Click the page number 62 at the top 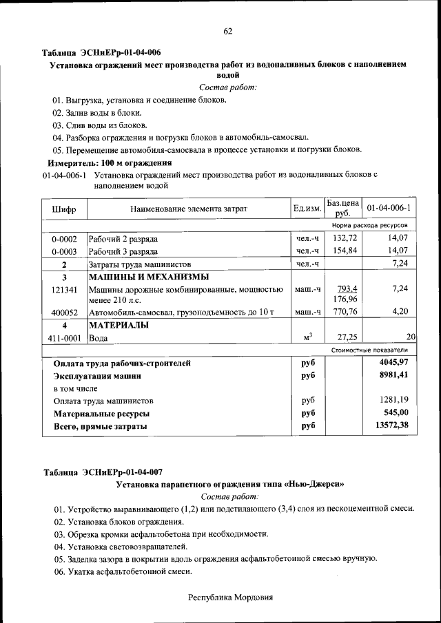point(227,30)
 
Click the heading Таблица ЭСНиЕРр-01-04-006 point(102,52)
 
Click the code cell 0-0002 point(64,238)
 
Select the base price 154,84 point(342,251)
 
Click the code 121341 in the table point(64,289)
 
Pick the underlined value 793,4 point(342,288)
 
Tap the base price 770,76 point(342,313)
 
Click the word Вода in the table point(98,338)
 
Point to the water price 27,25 point(342,338)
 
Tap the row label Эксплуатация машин point(98,376)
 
